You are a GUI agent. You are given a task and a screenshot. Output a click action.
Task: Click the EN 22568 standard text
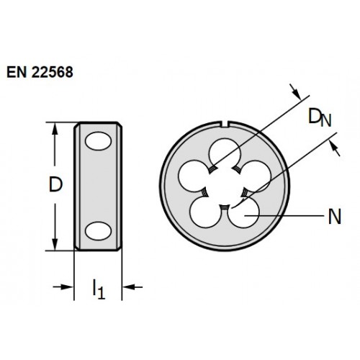40,72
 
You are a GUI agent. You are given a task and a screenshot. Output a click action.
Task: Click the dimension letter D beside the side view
55,184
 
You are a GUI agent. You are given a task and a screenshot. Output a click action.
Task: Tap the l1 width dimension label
99,289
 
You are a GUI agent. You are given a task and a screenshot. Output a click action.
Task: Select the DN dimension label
320,117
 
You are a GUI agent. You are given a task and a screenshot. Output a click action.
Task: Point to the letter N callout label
335,217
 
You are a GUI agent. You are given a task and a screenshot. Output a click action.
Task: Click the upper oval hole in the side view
98,141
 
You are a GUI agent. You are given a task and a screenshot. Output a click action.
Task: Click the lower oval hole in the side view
98,231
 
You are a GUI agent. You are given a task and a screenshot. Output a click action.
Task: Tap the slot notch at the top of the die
225,124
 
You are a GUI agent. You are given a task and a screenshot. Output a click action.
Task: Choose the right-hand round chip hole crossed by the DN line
256,176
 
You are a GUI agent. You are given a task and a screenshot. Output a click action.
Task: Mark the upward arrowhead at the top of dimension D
55,129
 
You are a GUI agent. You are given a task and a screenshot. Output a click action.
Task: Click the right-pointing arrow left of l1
63,287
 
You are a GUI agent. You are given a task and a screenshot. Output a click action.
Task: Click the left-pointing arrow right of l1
132,287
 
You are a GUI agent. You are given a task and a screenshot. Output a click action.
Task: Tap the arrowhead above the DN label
295,92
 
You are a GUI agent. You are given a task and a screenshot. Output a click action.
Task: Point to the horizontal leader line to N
284,216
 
